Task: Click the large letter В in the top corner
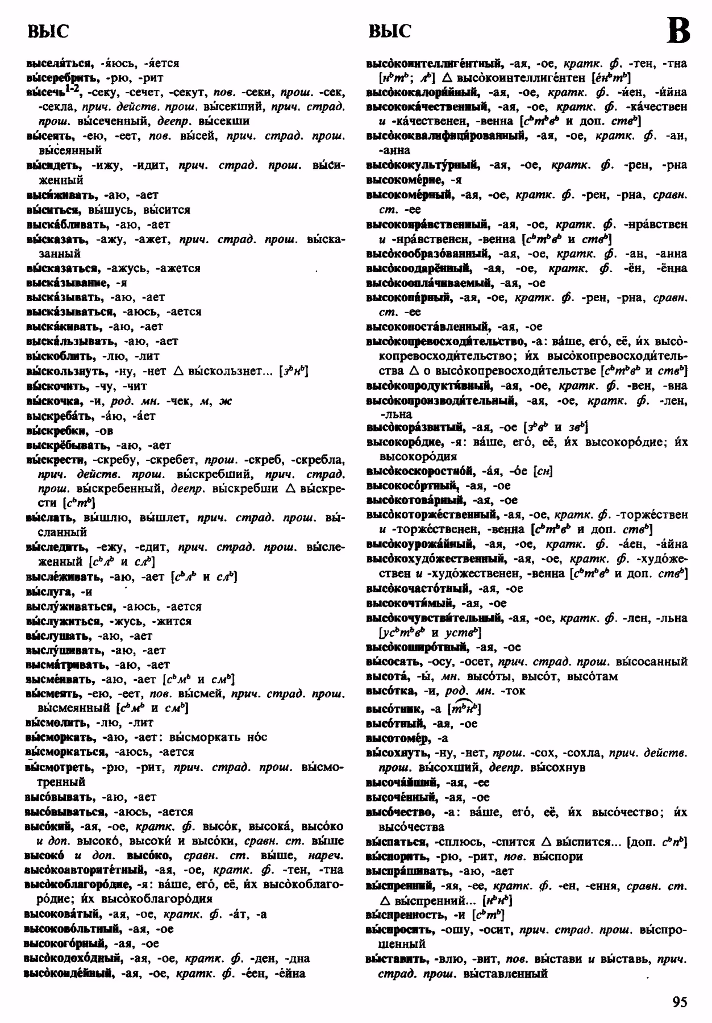tap(678, 31)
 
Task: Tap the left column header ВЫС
tap(48, 31)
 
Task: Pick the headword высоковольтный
tap(72, 929)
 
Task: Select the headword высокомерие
tap(405, 180)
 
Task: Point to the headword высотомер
tap(398, 738)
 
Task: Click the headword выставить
tap(395, 959)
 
